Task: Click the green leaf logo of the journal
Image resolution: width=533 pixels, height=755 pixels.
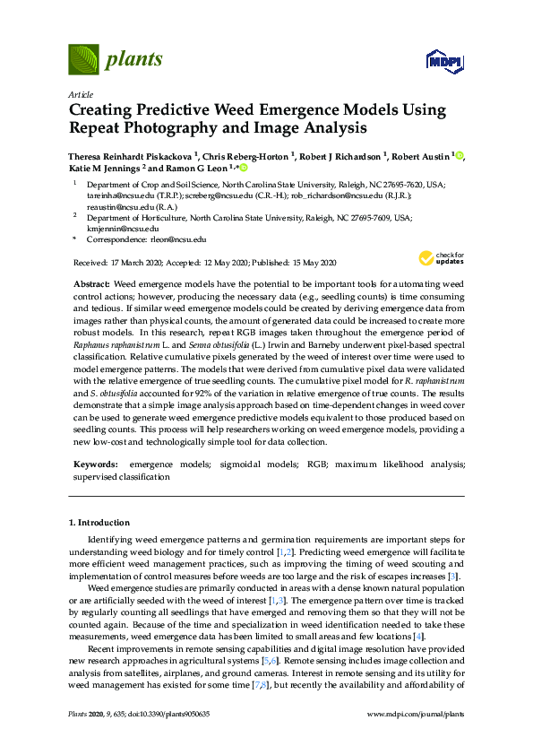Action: tap(83, 61)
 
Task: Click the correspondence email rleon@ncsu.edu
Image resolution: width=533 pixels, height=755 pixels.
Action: tap(176, 240)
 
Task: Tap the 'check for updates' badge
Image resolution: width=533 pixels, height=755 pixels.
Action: tap(440, 258)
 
